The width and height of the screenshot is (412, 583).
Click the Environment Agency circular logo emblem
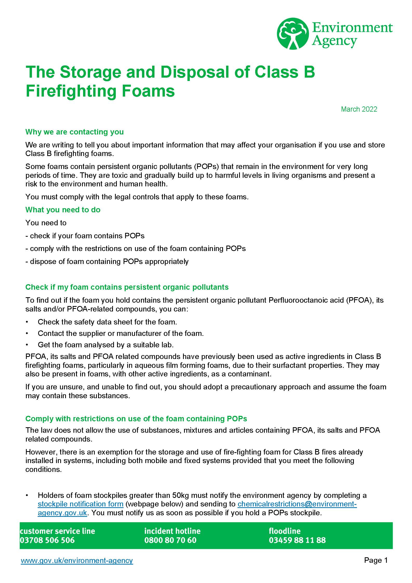coord(293,33)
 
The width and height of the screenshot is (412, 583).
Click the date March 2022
coord(359,109)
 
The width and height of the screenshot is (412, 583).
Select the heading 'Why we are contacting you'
coord(75,132)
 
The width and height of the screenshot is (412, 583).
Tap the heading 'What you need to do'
coord(63,210)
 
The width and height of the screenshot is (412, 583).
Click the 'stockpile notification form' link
coord(80,504)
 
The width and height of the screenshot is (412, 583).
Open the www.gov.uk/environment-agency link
coord(77,560)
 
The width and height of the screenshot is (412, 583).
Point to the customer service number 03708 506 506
coord(47,540)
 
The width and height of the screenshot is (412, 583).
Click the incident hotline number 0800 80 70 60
coord(170,540)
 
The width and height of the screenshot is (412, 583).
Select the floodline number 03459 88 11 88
coord(297,540)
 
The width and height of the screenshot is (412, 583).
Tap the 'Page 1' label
coord(376,560)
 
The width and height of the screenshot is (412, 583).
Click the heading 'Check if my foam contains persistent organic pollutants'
coord(127,287)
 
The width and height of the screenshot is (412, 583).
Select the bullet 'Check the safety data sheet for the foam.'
coord(107,322)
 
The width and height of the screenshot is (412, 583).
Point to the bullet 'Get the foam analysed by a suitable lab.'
coord(106,345)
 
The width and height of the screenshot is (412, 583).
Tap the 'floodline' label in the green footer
coord(285,531)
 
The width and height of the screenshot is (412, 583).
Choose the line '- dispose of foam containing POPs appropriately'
coord(107,261)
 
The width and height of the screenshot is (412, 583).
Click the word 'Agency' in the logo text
coord(334,41)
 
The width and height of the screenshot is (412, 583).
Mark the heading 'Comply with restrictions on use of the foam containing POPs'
coord(136,419)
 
